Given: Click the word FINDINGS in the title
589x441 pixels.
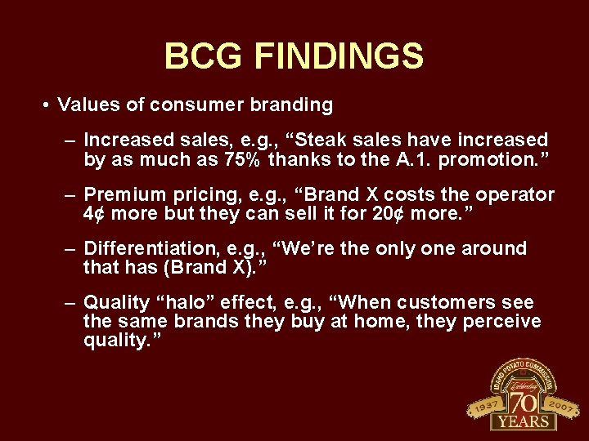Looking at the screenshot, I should pyautogui.click(x=339, y=57).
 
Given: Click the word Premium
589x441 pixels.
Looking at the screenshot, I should pyautogui.click(x=119, y=195).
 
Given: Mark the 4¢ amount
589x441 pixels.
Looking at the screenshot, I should pyautogui.click(x=94, y=213).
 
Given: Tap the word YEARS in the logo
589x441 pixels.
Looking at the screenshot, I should pyautogui.click(x=523, y=421).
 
